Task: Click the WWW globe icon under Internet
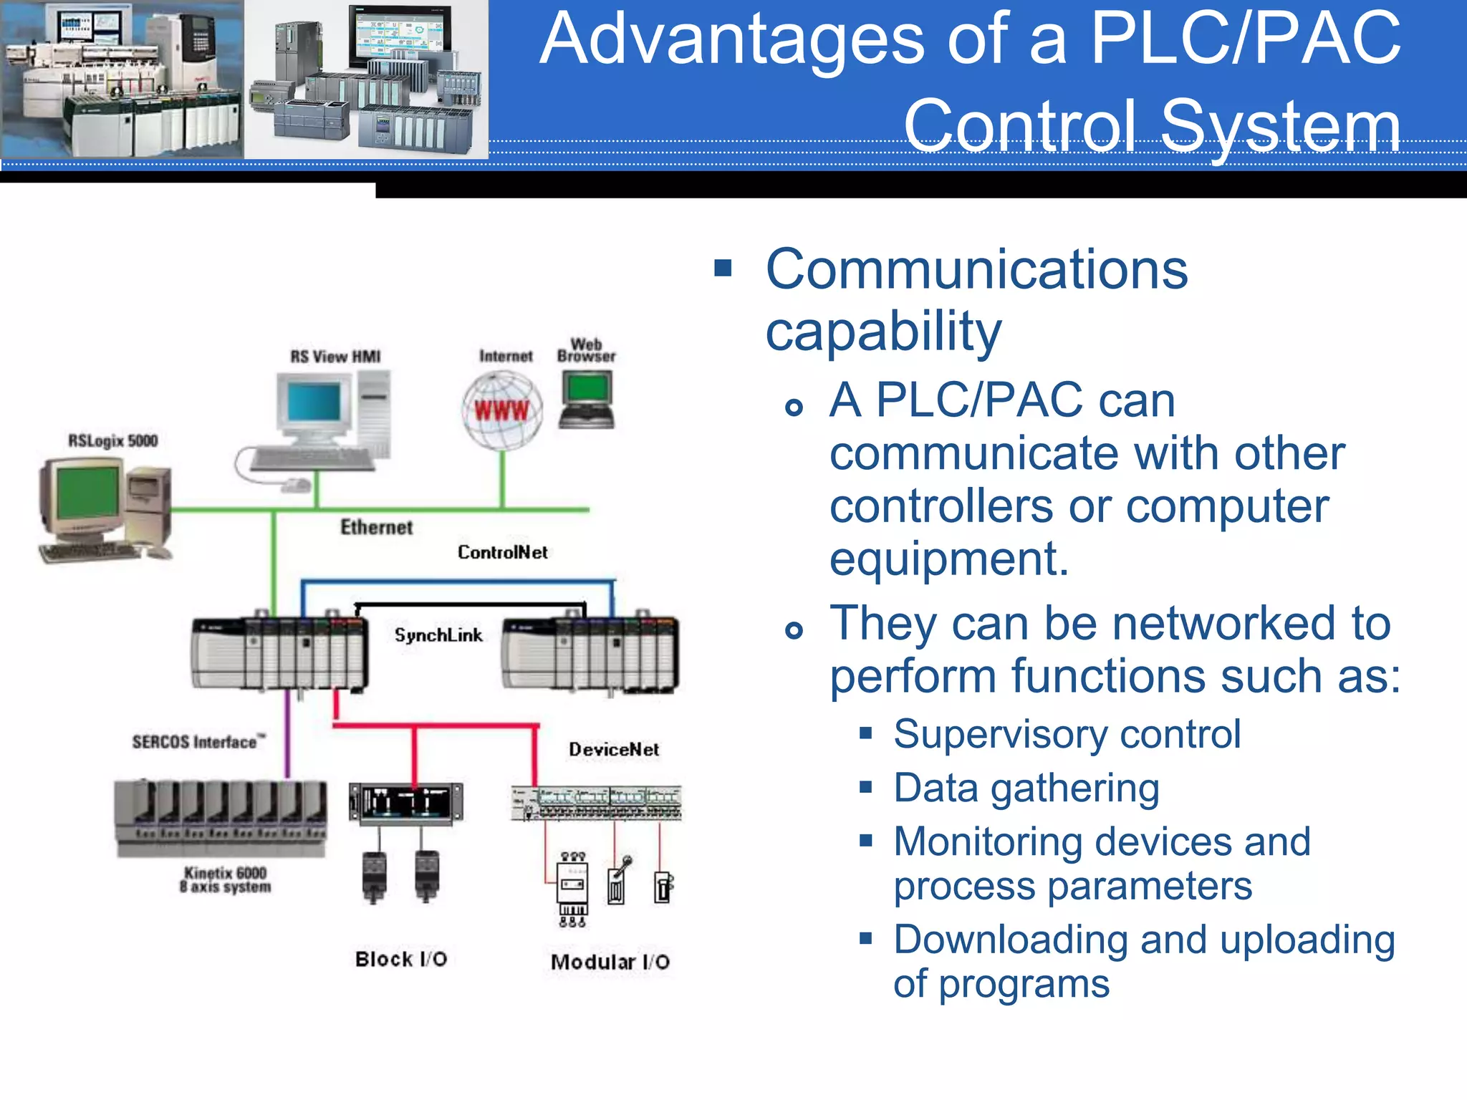[x=501, y=410]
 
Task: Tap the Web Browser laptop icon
[x=587, y=400]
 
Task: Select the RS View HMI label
[x=335, y=357]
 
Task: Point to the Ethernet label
[x=376, y=528]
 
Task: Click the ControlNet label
[x=503, y=552]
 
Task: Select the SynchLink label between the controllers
[x=438, y=635]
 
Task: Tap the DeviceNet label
[x=614, y=750]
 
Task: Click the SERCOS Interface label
[x=198, y=742]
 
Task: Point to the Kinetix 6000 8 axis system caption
[x=225, y=879]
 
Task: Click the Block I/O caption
[x=401, y=960]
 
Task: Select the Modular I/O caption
[x=610, y=962]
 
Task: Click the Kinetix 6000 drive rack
[x=221, y=816]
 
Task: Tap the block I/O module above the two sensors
[x=405, y=802]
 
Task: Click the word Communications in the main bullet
[x=976, y=270]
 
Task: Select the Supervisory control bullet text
[x=1067, y=734]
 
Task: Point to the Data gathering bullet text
[x=1026, y=788]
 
